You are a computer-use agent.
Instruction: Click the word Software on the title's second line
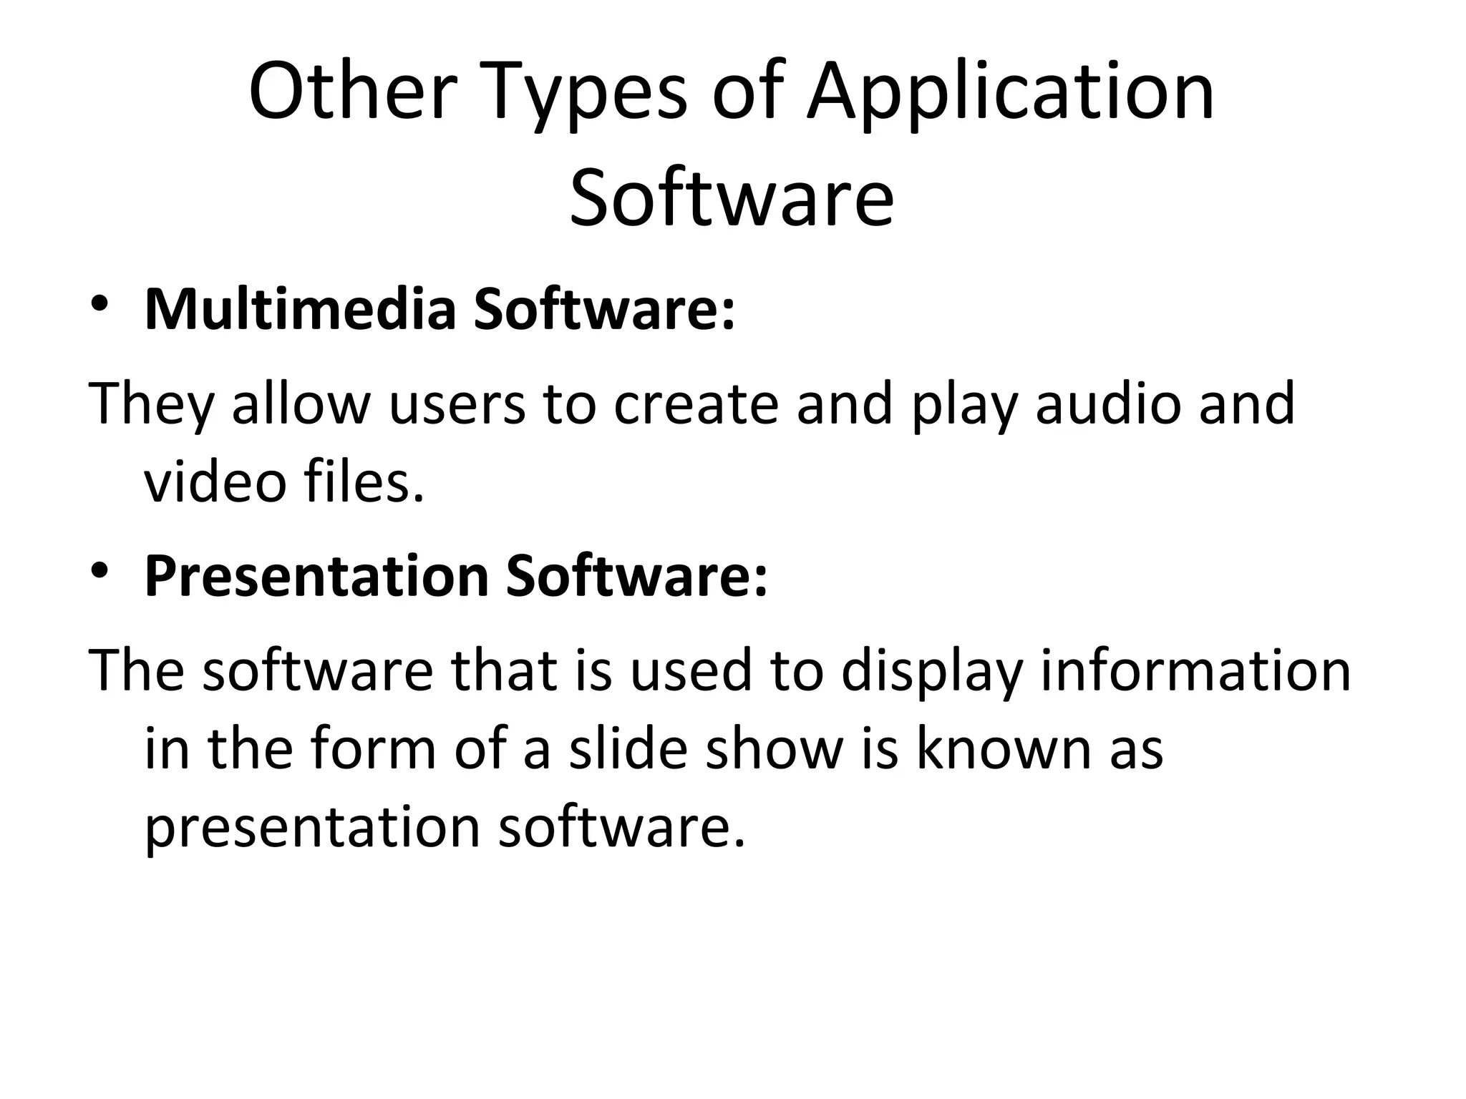[x=732, y=196]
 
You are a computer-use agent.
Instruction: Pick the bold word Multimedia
[x=301, y=308]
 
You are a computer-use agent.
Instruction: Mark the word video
[x=215, y=482]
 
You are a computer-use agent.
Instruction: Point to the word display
[x=931, y=672]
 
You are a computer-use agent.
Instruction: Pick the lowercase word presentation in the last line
[x=312, y=829]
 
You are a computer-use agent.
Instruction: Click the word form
[x=373, y=748]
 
